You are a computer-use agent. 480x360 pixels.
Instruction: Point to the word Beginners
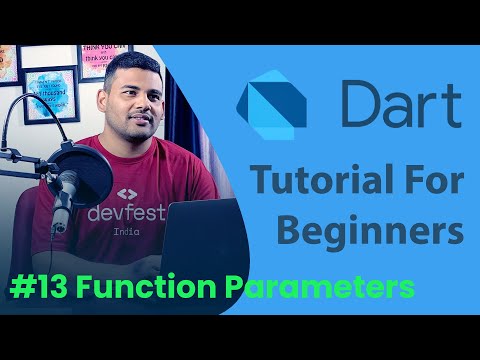tap(370, 230)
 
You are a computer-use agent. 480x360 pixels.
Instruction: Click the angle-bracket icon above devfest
tap(126, 194)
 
